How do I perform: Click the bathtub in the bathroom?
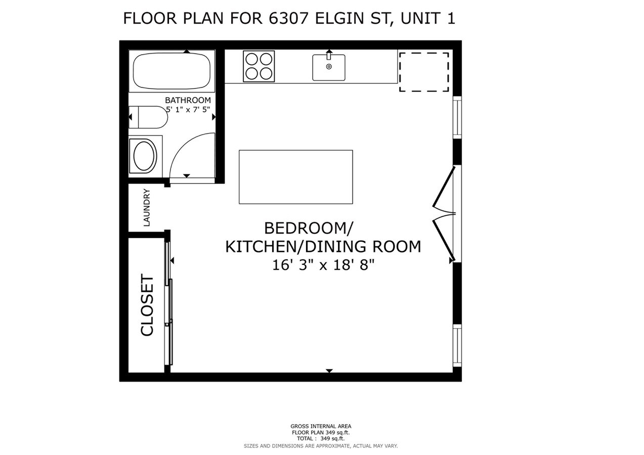(171, 71)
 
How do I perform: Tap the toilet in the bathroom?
(148, 117)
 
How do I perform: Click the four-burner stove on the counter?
(259, 66)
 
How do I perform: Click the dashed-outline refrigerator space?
(424, 71)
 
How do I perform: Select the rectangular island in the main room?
(295, 177)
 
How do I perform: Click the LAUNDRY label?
(147, 207)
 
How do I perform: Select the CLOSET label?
(147, 305)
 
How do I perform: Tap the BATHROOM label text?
(188, 100)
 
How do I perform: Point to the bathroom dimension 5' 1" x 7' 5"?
(188, 109)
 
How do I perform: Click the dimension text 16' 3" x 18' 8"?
(323, 264)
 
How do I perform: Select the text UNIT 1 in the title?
(428, 18)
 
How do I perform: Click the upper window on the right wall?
(457, 117)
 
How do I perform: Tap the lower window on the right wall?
(457, 345)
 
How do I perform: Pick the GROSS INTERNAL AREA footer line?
(321, 426)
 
